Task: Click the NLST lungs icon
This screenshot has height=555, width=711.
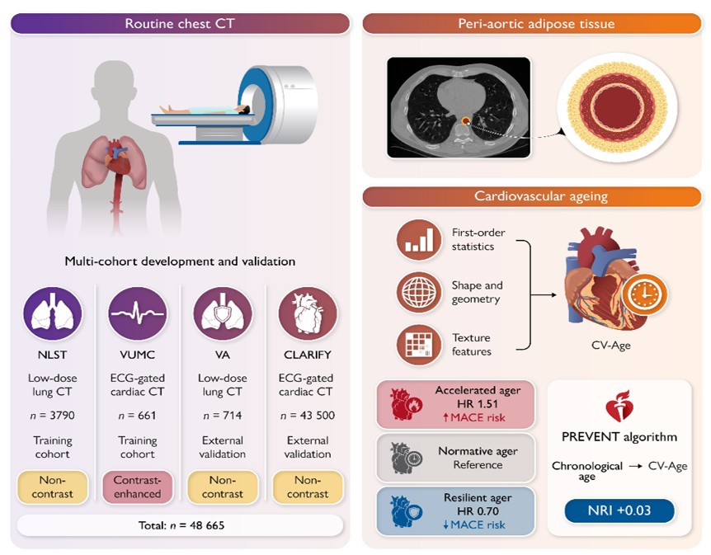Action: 53,313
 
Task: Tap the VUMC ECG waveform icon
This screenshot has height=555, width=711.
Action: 138,313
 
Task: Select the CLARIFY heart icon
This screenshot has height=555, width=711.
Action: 308,313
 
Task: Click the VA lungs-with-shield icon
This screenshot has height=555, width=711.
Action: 223,313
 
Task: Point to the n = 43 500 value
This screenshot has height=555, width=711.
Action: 308,416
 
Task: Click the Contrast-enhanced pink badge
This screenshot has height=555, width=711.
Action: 138,487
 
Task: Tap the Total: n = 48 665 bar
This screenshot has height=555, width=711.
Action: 181,525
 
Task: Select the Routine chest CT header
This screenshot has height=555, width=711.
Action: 180,24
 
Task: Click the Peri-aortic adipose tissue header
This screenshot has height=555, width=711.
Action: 532,24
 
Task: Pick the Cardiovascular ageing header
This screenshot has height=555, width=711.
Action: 532,196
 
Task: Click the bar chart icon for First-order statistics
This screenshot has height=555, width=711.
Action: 418,240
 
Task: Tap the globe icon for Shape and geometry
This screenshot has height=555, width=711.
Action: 418,292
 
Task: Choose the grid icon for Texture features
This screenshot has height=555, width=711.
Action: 418,345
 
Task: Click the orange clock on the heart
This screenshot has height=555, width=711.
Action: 644,294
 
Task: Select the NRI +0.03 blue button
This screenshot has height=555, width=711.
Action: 619,510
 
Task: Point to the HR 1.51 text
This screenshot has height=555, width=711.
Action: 478,403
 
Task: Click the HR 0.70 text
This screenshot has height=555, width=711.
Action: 478,511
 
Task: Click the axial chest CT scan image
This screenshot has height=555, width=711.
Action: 459,107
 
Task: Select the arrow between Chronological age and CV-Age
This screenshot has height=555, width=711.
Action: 636,466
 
